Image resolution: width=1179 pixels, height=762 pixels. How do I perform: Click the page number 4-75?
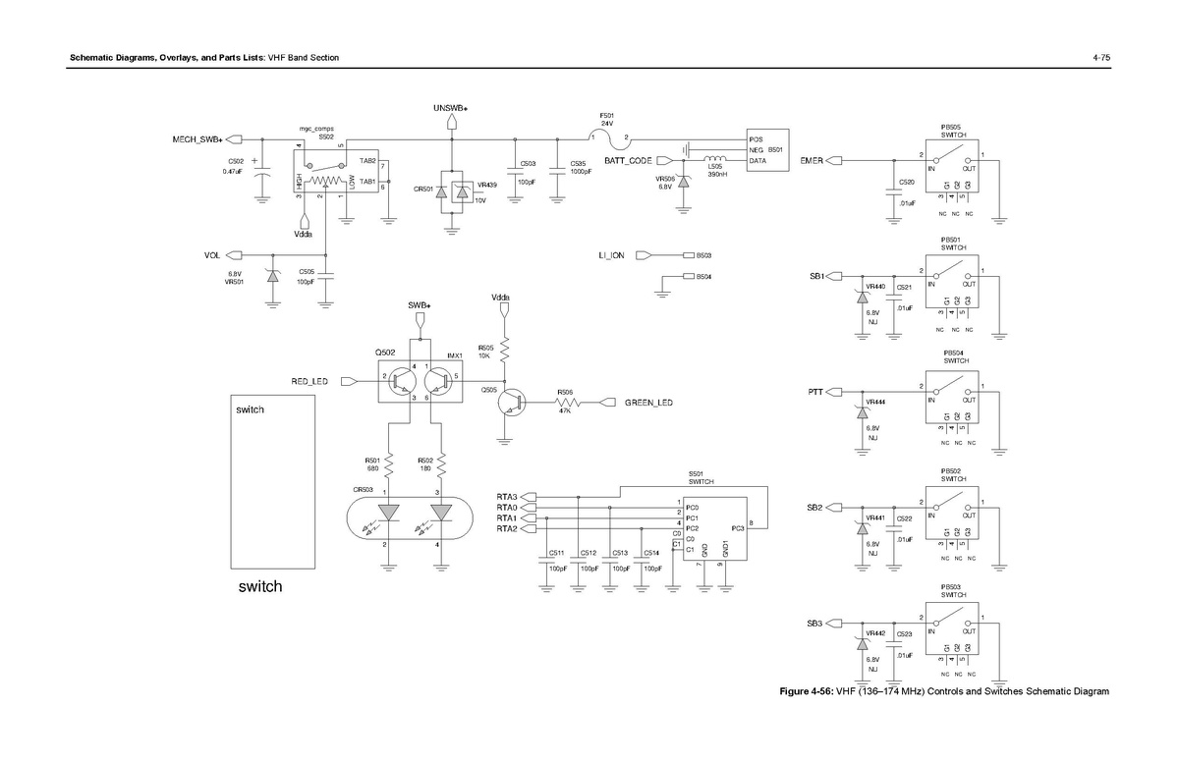[x=1100, y=58]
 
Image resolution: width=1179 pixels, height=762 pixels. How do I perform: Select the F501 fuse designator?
[x=607, y=115]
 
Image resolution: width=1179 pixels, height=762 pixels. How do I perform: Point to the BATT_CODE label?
[x=628, y=160]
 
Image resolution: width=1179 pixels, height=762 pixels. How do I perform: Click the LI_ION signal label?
[x=611, y=255]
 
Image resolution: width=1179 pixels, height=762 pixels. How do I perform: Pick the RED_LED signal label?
[x=309, y=381]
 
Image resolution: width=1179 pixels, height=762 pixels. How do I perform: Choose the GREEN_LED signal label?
[x=649, y=402]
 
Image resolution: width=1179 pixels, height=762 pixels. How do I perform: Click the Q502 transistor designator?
[x=384, y=353]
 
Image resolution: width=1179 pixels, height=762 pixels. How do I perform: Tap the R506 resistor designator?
[x=565, y=392]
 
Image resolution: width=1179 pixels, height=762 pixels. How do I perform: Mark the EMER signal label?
[x=812, y=160]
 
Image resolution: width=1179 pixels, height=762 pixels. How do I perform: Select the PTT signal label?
[x=815, y=392]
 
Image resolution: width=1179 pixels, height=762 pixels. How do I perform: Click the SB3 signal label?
[x=814, y=624]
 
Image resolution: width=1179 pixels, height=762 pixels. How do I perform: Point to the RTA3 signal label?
[x=507, y=497]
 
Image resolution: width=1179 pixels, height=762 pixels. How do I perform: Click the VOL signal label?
[x=211, y=255]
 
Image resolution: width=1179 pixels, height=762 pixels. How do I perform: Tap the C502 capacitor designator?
[x=236, y=161]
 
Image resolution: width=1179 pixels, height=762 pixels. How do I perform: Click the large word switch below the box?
[x=259, y=587]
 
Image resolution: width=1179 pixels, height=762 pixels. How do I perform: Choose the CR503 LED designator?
[x=364, y=489]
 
